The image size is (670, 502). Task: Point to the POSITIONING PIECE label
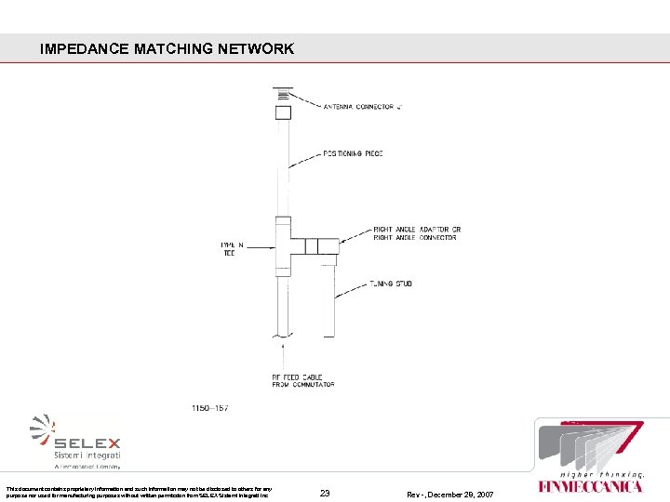(353, 153)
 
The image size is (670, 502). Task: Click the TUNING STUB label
(391, 284)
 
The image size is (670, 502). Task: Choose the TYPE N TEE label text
(232, 248)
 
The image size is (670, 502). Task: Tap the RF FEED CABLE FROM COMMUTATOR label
(303, 380)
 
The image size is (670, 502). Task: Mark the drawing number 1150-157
(210, 407)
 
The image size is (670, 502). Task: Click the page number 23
(325, 492)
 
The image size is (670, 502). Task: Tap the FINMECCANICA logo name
(590, 486)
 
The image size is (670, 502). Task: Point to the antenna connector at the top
(283, 93)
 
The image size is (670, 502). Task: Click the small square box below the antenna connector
(283, 112)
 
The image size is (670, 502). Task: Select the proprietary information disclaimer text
(139, 492)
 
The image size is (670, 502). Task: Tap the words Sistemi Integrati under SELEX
(87, 456)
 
